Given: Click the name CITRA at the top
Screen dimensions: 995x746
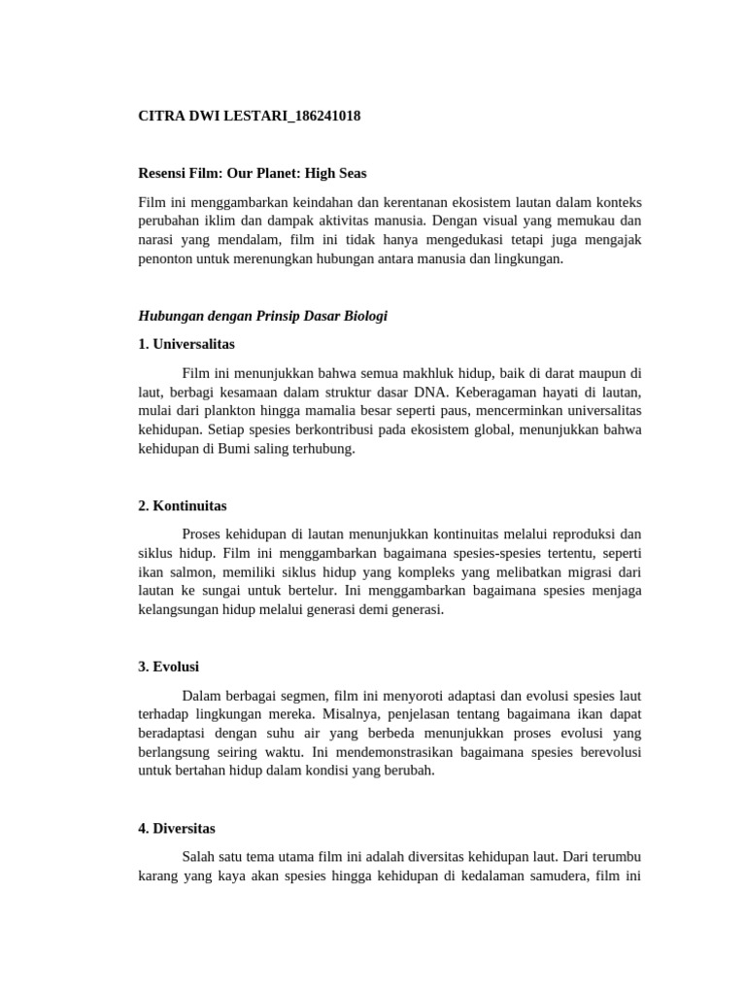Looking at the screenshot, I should pyautogui.click(x=163, y=116).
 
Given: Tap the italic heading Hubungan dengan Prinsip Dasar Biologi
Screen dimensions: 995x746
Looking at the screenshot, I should pyautogui.click(x=263, y=316).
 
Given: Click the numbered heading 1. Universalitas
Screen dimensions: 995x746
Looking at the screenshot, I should pyautogui.click(x=186, y=344).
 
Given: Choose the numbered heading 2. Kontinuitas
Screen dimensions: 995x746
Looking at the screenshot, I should pyautogui.click(x=183, y=505).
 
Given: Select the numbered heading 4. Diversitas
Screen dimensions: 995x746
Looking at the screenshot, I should pyautogui.click(x=176, y=828).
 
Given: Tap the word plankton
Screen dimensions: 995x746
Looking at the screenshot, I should pyautogui.click(x=233, y=410).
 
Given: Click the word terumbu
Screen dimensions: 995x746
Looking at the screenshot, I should pyautogui.click(x=616, y=857).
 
